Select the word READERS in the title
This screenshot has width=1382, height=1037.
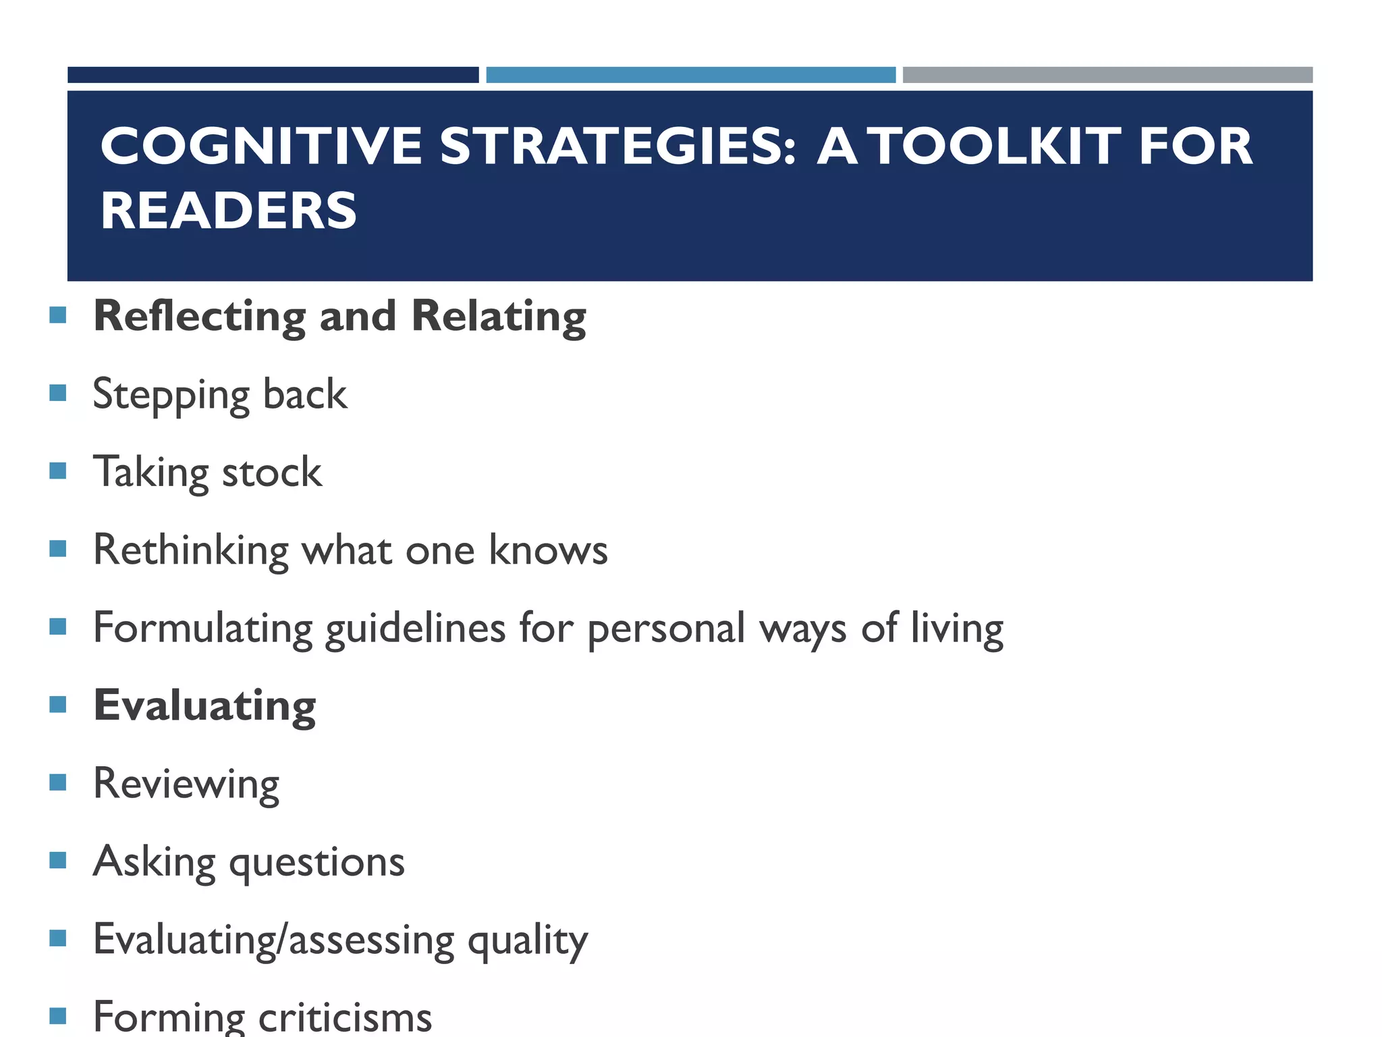(229, 211)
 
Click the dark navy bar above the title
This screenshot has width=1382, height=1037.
(273, 75)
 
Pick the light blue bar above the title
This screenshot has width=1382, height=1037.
(690, 75)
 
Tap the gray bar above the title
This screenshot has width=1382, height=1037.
(1107, 75)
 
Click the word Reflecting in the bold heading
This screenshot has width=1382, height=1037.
(199, 316)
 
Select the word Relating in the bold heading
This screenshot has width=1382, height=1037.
(499, 316)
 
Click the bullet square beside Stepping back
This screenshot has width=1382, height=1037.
(58, 393)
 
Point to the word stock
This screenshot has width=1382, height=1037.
(272, 472)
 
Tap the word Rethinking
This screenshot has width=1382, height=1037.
(191, 550)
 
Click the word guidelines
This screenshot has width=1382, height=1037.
(415, 629)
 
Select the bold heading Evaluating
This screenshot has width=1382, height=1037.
(204, 706)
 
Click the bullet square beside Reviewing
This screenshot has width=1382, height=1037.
(58, 782)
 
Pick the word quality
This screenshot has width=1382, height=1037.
(528, 940)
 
